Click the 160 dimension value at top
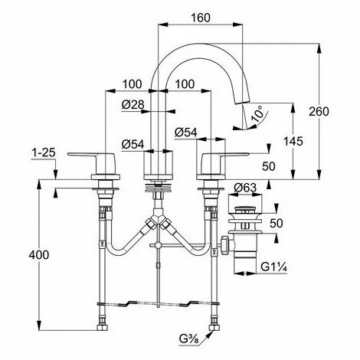(201, 18)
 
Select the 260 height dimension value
(319, 111)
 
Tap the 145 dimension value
(293, 141)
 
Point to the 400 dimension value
(38, 254)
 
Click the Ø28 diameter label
(133, 104)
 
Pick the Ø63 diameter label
(245, 188)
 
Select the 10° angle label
(257, 114)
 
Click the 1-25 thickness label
(44, 152)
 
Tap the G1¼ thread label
(274, 267)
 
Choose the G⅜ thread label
(190, 339)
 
